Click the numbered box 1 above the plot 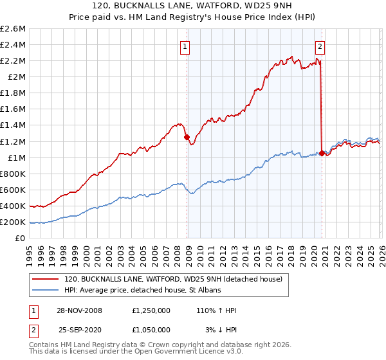[x=185, y=46]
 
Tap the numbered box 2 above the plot [x=320, y=46]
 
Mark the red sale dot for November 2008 [x=187, y=137]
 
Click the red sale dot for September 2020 [x=322, y=153]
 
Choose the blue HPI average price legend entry [x=142, y=290]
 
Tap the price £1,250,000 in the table [x=151, y=310]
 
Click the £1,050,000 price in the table [x=151, y=330]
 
